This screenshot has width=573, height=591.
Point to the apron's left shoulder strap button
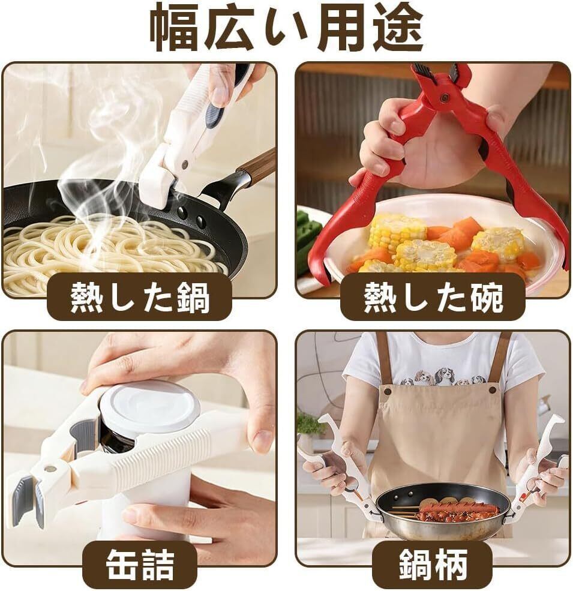[386, 391]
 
